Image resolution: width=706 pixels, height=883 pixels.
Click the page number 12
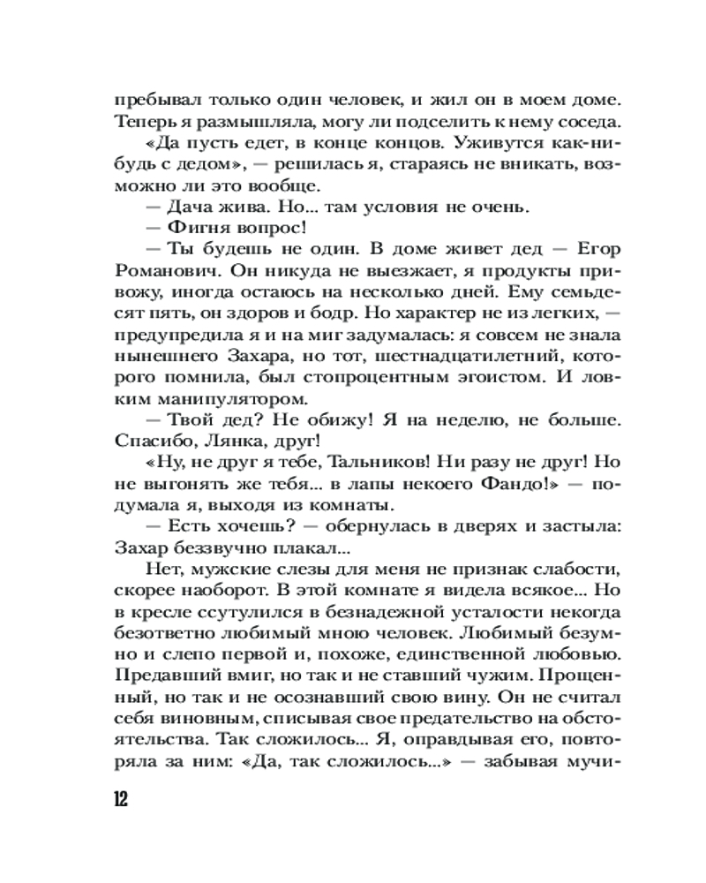122,799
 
